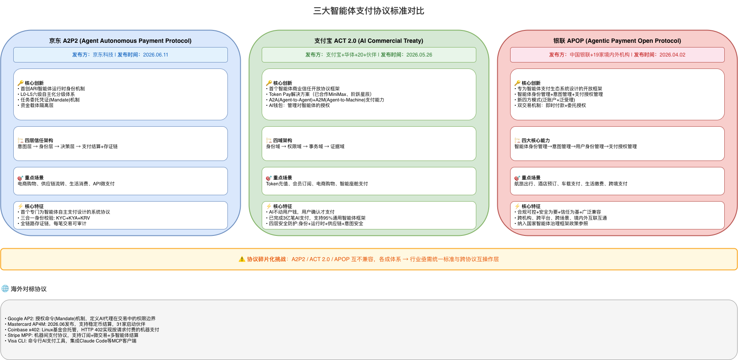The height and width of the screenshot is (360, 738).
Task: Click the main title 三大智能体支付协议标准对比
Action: (x=369, y=11)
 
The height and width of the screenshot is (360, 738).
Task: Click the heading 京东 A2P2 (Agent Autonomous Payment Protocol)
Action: (x=120, y=41)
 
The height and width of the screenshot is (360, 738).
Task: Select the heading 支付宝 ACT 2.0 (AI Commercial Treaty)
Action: (x=369, y=41)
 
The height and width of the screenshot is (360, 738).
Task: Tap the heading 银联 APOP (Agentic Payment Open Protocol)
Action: (x=617, y=41)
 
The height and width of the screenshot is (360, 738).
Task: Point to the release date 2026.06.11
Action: (x=155, y=55)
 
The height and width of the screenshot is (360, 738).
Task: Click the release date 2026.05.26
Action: (x=419, y=55)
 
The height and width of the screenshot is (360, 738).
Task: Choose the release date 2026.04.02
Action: (x=672, y=55)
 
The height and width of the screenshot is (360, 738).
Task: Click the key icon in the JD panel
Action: (x=20, y=83)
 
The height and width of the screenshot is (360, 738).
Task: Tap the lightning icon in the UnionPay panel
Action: (x=517, y=206)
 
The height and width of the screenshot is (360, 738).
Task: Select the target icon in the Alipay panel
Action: (x=269, y=178)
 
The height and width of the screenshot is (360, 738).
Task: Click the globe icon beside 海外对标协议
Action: (x=5, y=289)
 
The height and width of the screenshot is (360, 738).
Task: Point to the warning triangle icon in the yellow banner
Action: (x=242, y=259)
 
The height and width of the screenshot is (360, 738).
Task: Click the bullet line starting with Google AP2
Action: (x=80, y=318)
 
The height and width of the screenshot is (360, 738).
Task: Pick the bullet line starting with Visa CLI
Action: (x=71, y=341)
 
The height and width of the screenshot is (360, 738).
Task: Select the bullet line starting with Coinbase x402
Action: (x=82, y=330)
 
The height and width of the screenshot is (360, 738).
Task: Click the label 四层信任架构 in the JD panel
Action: (x=39, y=140)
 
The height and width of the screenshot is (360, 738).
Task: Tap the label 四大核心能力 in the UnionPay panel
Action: (x=536, y=140)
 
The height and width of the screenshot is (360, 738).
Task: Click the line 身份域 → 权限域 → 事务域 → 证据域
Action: (x=305, y=146)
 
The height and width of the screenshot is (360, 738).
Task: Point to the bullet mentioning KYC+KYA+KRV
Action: (x=54, y=218)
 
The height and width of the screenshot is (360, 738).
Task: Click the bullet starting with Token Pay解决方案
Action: (x=319, y=94)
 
